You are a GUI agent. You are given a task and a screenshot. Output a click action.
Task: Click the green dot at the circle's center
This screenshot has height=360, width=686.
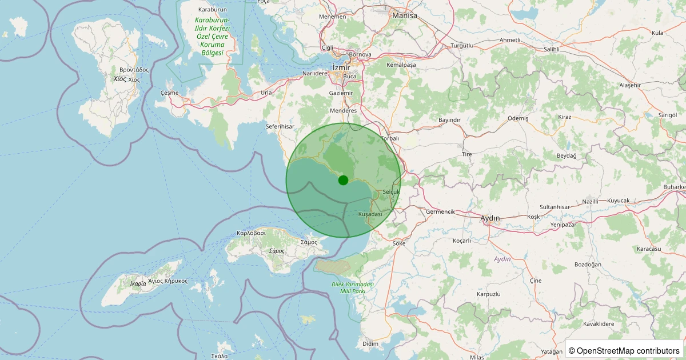(x=343, y=180)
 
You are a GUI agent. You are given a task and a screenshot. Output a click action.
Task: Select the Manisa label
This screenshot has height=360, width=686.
(x=405, y=15)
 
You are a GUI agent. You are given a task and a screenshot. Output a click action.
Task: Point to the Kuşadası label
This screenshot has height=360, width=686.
(x=370, y=214)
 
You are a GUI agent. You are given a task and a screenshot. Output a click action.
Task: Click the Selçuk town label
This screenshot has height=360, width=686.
(x=391, y=192)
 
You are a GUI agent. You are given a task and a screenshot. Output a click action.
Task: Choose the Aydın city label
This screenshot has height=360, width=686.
(x=490, y=218)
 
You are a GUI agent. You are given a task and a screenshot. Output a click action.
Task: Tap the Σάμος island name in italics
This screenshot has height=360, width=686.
(x=277, y=251)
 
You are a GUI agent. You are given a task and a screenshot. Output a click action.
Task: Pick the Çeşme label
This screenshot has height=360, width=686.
(x=170, y=93)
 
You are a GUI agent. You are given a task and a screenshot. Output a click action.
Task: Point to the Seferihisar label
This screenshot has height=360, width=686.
(x=280, y=126)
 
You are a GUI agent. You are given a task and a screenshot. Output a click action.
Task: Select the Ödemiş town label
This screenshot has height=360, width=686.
(x=519, y=118)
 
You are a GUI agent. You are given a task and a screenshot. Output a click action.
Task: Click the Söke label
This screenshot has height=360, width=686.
(x=399, y=243)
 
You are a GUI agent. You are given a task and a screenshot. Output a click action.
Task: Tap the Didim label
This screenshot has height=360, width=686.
(x=370, y=343)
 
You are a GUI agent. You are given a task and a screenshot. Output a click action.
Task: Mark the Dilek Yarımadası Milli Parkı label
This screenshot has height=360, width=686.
(x=352, y=287)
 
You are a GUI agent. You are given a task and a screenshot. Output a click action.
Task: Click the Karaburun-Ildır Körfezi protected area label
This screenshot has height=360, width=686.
(x=213, y=37)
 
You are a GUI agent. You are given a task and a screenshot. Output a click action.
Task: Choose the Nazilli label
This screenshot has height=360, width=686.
(x=590, y=201)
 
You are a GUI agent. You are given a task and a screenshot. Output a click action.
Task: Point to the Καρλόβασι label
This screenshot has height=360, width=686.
(x=252, y=233)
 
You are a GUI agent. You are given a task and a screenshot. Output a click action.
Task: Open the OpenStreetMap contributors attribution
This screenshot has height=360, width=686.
(x=624, y=350)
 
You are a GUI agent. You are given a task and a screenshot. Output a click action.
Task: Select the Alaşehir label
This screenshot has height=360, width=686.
(x=631, y=85)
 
